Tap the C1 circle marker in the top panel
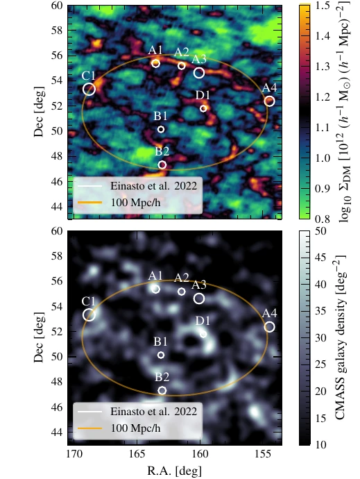[83, 89]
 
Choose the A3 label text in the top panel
[199, 59]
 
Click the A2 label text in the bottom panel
[181, 278]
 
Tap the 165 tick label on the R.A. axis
[137, 454]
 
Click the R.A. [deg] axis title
[174, 471]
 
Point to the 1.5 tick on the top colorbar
[322, 6]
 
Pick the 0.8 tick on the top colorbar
[322, 219]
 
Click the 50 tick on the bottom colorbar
[320, 231]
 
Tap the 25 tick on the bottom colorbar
[320, 364]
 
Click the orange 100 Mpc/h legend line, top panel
[89, 202]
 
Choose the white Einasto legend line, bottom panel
[89, 412]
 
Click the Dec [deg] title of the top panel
[39, 112]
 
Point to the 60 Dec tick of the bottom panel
[58, 231]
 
